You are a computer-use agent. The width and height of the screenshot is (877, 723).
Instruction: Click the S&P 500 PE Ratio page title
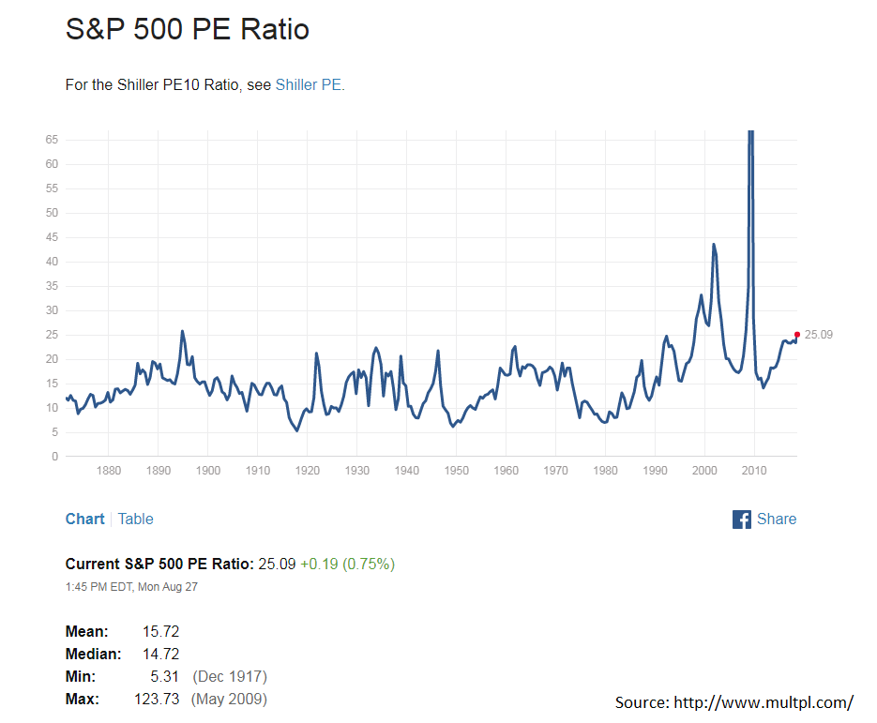[x=188, y=29]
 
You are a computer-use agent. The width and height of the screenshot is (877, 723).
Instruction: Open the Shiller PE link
[x=309, y=85]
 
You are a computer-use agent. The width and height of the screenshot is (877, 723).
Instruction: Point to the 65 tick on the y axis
[x=52, y=140]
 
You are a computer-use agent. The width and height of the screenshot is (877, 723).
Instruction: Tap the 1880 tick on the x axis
[x=109, y=471]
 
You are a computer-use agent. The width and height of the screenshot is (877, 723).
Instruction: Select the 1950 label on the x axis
[x=456, y=471]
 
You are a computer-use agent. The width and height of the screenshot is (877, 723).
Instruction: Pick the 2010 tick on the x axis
[x=754, y=471]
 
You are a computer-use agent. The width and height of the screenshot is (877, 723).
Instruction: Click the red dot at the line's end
[x=797, y=334]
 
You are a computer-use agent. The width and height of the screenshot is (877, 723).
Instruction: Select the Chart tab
[x=84, y=519]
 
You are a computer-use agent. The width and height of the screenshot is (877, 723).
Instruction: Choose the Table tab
[x=135, y=519]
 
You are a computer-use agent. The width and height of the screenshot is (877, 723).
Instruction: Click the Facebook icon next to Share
[x=742, y=520]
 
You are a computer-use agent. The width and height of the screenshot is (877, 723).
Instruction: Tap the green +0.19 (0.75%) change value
[x=347, y=565]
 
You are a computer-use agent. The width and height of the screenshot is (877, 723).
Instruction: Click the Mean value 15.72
[x=160, y=632]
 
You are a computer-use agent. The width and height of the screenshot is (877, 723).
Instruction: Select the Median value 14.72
[x=160, y=655]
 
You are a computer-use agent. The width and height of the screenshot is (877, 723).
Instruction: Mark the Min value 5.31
[x=164, y=677]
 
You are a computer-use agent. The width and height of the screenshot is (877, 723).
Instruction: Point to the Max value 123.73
[x=157, y=700]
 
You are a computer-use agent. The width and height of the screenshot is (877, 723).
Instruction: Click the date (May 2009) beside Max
[x=229, y=700]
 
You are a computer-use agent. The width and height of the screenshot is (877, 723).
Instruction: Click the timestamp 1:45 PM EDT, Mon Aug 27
[x=131, y=587]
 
